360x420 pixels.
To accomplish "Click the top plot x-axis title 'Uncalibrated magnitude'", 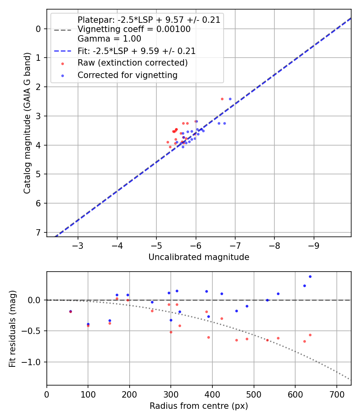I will tap(199, 257).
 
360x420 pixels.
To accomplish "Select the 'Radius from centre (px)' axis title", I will tap(199, 406).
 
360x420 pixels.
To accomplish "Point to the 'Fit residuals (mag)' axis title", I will tap(12, 328).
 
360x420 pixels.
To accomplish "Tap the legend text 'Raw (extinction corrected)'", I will tap(132, 63).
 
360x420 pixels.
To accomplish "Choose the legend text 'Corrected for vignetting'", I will tap(127, 75).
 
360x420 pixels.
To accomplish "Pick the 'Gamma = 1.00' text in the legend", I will tap(109, 39).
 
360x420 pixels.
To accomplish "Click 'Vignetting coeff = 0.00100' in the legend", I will tap(134, 29).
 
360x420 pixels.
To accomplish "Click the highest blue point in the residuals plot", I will tap(310, 276).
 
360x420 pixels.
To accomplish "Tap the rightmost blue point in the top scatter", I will tap(230, 99).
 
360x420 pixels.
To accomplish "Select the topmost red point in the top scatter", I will tap(222, 99).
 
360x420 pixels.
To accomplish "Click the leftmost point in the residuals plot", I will tap(70, 311).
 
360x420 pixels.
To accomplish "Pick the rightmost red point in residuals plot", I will tap(310, 335).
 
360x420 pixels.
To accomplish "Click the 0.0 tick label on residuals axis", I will tap(36, 300).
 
